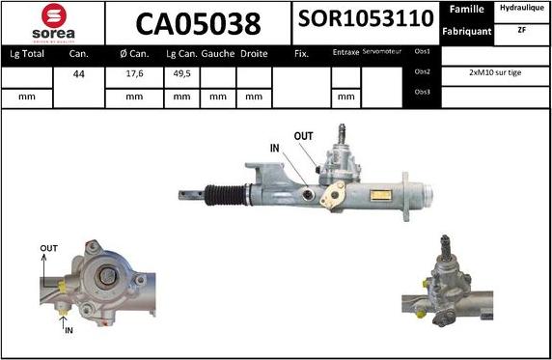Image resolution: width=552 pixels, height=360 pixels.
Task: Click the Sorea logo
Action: tap(52, 22)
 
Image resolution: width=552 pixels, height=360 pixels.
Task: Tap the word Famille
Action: tap(466, 9)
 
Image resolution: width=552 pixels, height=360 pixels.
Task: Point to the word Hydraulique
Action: tap(521, 9)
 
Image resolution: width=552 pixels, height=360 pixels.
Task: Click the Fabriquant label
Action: tap(467, 31)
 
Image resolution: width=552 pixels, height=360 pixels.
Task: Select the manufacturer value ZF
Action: tap(521, 31)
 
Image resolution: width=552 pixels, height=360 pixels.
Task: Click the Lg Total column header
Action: tap(28, 54)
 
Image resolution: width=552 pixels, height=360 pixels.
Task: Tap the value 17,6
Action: tap(134, 72)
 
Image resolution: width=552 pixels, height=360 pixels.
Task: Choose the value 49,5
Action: tap(180, 72)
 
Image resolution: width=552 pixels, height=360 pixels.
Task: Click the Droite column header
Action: tap(254, 54)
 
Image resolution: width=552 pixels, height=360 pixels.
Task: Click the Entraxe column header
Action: tap(345, 53)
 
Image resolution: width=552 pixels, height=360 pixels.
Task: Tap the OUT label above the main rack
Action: tap(303, 136)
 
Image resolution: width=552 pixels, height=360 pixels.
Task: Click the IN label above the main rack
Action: tap(274, 149)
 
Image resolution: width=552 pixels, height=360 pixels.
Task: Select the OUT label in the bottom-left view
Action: tap(49, 249)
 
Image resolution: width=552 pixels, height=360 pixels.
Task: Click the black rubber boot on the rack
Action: tap(226, 194)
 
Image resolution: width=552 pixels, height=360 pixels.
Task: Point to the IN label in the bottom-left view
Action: tap(69, 330)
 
